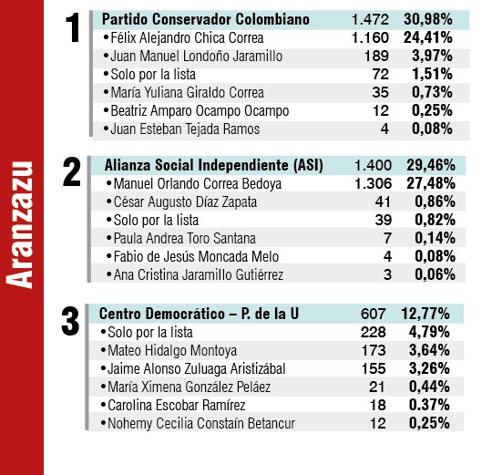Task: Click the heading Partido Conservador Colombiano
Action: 205,19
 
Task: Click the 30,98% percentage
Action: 426,19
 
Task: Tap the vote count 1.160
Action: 370,38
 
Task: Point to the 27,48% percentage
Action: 426,183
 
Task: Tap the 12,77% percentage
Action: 426,314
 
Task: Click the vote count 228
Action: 374,332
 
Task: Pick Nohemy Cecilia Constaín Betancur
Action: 199,423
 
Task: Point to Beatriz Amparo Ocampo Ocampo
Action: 198,111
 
